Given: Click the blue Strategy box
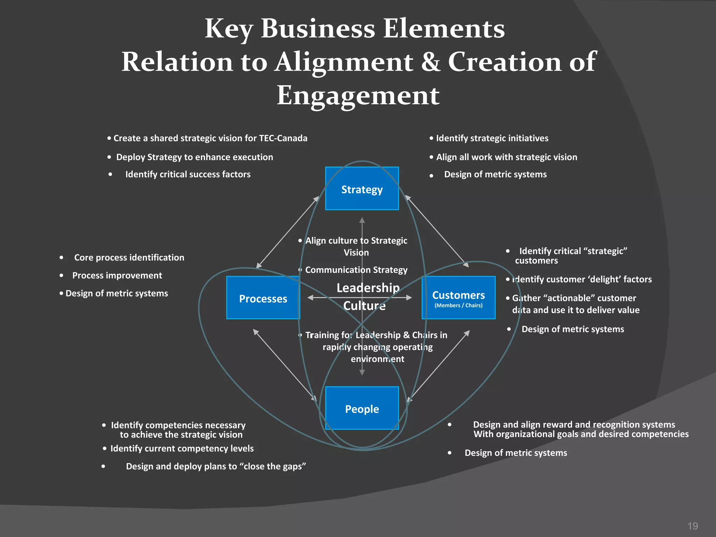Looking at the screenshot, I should pos(362,189).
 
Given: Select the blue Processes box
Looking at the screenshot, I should pos(263,298).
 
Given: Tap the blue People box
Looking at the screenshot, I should pos(362,408).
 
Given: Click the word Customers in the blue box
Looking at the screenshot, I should pos(458,295).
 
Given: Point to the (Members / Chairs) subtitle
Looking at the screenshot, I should pos(458,306).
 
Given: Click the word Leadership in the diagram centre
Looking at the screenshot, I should pos(368,288).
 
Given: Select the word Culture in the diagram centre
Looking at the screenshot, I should pos(364,306).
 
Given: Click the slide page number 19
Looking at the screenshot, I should pos(693,526).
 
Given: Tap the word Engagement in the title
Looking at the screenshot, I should pos(358,95).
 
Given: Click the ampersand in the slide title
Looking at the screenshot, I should pos(430,62).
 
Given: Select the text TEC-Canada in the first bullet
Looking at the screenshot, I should pos(283,138).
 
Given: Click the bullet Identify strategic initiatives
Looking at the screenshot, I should pos(492,138).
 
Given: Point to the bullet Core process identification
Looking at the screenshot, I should pos(129,258).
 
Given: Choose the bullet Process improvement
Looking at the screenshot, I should pos(117,275).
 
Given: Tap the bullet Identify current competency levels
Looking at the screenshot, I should pos(182,449).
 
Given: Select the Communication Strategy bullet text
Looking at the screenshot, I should pos(356,270).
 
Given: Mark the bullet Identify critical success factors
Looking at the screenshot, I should pos(188,174).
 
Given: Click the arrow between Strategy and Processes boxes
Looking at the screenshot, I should pos(288,232).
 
